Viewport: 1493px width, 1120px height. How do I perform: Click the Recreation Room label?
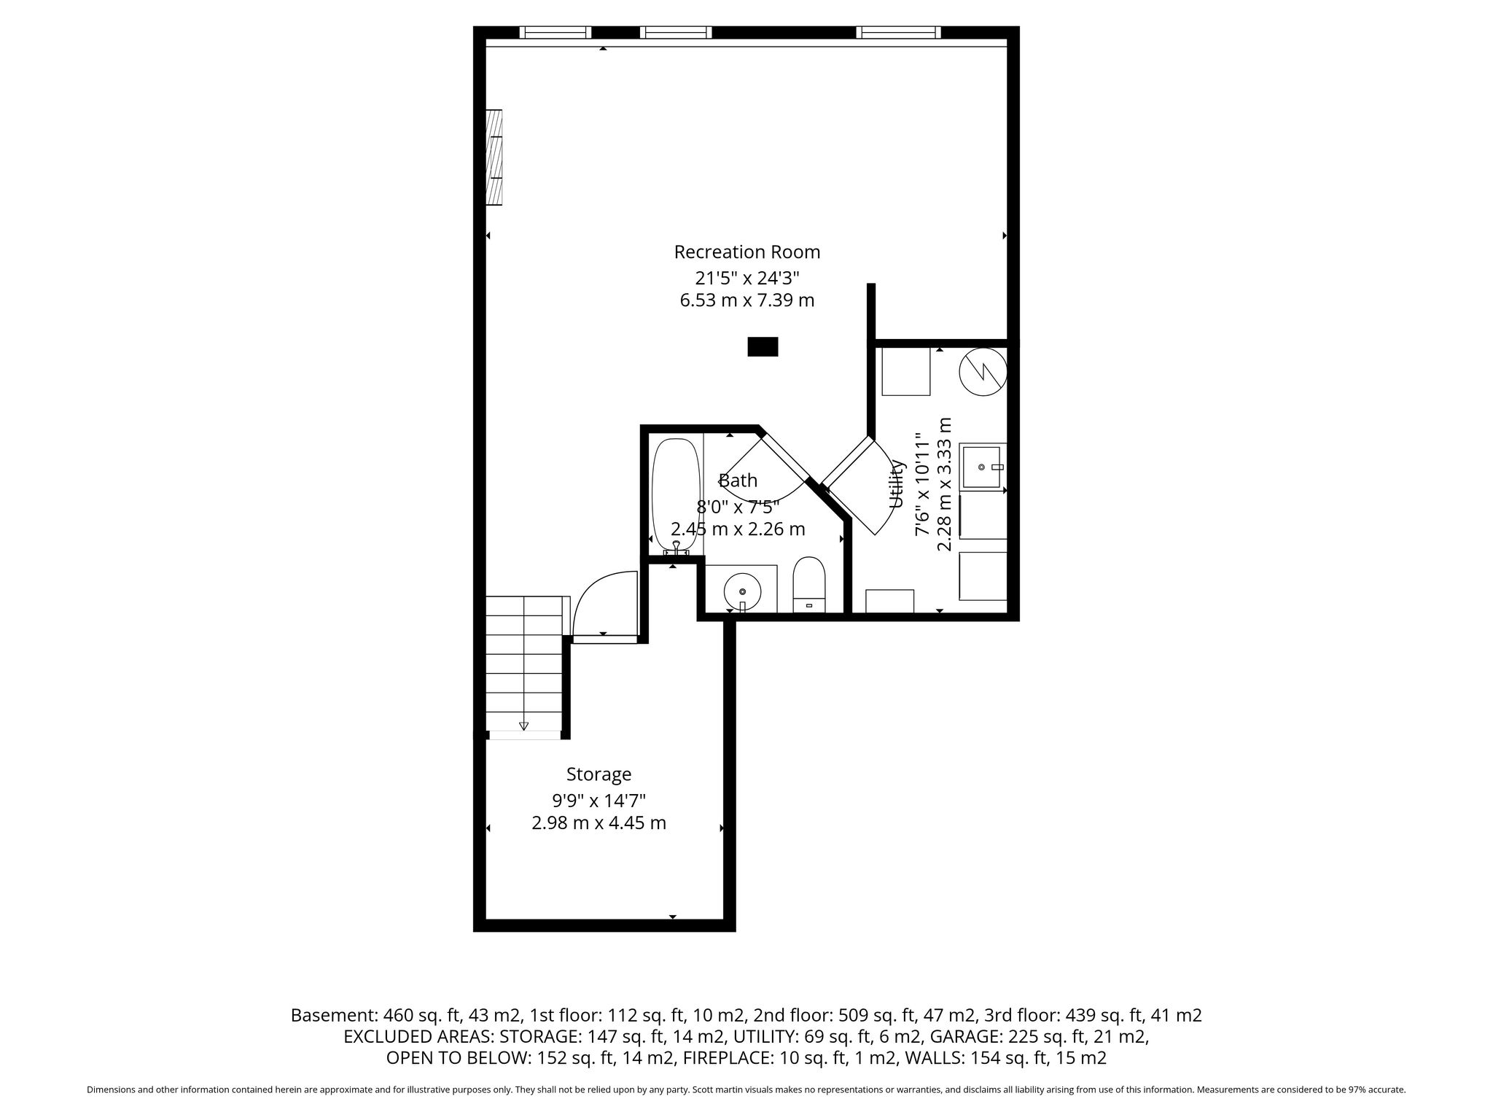point(747,252)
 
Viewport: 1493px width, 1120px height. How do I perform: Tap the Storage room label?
point(599,774)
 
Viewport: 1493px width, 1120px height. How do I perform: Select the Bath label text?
point(738,481)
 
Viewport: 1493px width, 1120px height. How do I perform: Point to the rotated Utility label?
point(897,484)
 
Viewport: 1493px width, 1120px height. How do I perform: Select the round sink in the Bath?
point(742,591)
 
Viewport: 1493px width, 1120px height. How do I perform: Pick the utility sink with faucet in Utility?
point(983,467)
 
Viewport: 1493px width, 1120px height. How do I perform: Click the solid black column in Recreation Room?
point(763,346)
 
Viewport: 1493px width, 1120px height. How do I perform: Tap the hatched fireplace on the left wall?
point(495,157)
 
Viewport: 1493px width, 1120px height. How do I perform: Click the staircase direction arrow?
point(523,725)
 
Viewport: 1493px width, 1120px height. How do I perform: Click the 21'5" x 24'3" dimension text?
point(747,278)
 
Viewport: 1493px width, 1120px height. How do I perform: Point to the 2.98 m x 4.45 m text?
point(599,823)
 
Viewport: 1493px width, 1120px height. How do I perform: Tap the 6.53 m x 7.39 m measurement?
point(747,300)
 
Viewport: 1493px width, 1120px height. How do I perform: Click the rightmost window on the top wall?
point(898,32)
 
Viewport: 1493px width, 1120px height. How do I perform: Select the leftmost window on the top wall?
point(556,32)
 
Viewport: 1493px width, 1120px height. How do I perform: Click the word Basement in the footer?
point(332,1015)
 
